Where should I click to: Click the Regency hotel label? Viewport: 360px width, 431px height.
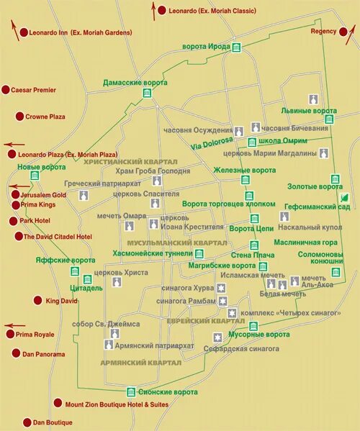pyautogui.click(x=323, y=32)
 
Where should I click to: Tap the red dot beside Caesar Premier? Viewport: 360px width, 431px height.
pyautogui.click(x=6, y=90)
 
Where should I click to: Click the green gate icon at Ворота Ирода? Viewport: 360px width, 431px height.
pyautogui.click(x=236, y=47)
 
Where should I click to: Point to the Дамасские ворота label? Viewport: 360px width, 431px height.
pyautogui.click(x=135, y=83)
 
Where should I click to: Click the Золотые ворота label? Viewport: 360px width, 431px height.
pyautogui.click(x=320, y=186)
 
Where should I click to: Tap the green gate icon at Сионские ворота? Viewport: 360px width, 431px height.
pyautogui.click(x=131, y=392)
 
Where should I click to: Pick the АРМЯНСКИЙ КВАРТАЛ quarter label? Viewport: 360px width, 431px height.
pyautogui.click(x=140, y=363)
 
